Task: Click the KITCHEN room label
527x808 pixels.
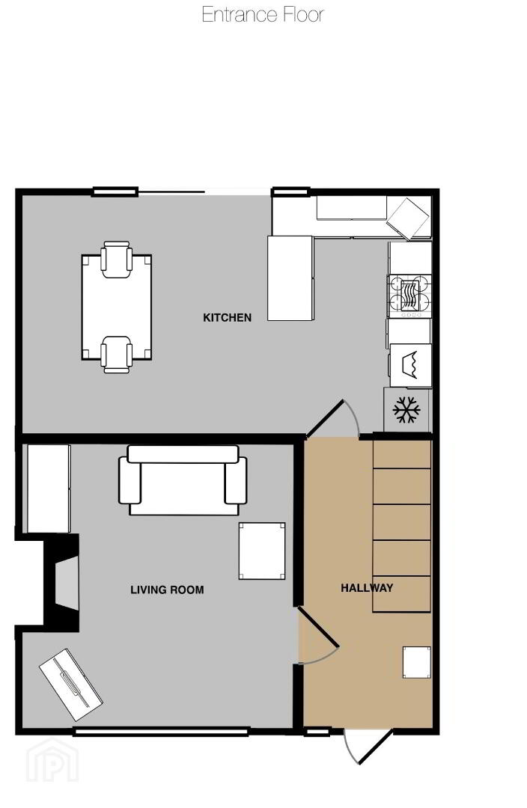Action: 227,317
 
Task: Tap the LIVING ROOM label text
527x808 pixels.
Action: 167,590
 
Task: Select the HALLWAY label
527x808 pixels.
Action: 367,587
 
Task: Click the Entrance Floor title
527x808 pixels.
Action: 263,14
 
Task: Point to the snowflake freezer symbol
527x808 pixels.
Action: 406,410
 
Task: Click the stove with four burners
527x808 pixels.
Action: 409,296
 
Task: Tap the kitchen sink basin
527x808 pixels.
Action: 410,365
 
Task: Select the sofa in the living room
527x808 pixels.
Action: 183,480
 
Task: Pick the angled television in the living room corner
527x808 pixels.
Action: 70,685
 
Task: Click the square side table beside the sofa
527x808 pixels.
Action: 262,551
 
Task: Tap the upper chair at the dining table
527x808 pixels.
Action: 116,259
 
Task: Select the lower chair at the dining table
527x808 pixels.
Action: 116,355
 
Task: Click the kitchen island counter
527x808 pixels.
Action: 290,278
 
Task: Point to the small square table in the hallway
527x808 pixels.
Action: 417,662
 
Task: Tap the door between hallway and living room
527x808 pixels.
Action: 317,635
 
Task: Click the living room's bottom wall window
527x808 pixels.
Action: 162,731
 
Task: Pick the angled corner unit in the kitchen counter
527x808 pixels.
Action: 409,219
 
